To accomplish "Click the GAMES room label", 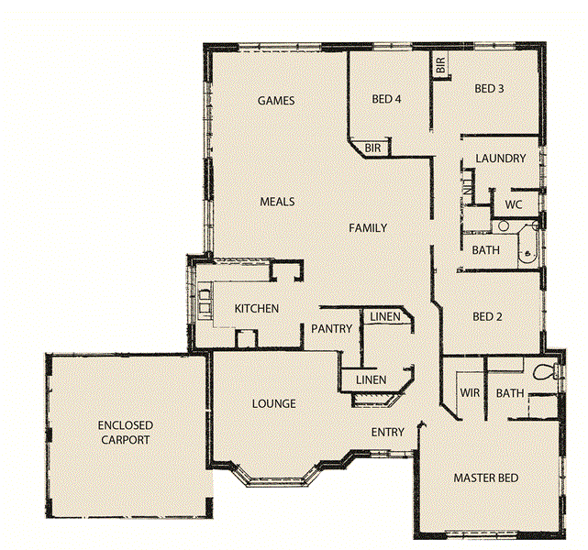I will [276, 101].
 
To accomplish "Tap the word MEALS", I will [277, 202].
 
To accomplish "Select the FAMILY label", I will [367, 228].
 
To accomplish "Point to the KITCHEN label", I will [256, 309].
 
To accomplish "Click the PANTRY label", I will [332, 328].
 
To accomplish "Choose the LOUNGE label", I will [273, 404].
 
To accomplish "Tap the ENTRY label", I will [387, 432].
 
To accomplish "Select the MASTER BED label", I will [486, 478].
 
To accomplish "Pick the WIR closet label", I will [470, 393].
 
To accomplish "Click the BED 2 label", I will [487, 317].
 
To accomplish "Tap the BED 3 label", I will [489, 89].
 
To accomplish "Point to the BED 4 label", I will [386, 99].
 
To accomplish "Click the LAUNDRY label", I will [500, 159].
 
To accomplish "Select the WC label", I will [513, 204].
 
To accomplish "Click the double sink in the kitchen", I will [202, 300].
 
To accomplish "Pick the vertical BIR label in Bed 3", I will [441, 66].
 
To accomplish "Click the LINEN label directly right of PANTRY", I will [383, 317].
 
